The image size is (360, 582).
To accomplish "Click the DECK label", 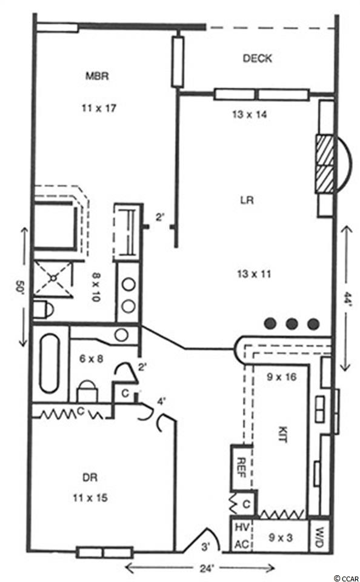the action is (x=257, y=58).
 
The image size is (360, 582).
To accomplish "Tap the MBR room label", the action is (x=97, y=76).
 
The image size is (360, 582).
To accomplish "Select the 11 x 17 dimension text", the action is (x=99, y=108).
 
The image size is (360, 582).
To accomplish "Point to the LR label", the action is (x=247, y=200).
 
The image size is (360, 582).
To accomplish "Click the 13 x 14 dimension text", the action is (x=250, y=115).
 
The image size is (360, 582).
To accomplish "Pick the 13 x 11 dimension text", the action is (x=254, y=274).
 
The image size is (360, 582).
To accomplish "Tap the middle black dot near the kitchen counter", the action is (x=292, y=324).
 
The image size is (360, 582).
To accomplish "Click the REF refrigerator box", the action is (x=242, y=467).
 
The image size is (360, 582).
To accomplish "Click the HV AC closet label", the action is (x=241, y=535).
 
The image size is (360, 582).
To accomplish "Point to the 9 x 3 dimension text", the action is (x=280, y=538).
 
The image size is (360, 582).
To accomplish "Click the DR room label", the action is (x=90, y=477).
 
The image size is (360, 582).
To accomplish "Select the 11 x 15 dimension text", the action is (x=90, y=497).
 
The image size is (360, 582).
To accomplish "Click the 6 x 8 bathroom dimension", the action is (x=92, y=359).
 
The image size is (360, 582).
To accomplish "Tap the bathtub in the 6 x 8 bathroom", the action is (x=49, y=363).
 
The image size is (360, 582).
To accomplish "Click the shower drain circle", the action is (x=53, y=277).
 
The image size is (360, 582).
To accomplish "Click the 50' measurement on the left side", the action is (x=19, y=287).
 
